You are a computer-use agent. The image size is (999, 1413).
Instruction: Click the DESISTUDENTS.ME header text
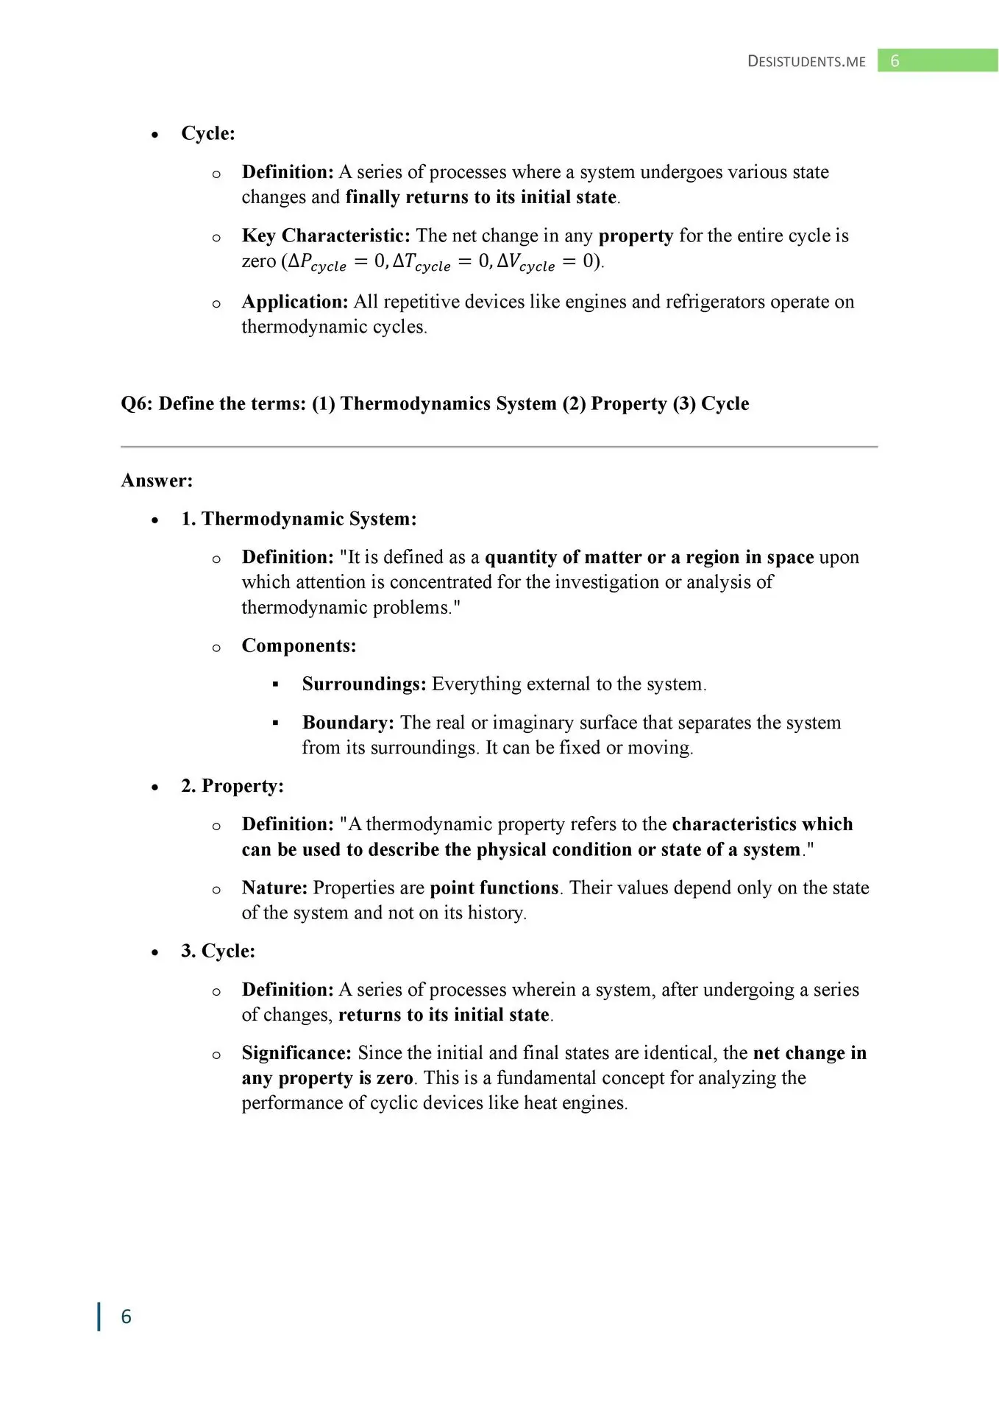(806, 61)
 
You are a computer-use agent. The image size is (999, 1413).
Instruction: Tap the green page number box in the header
(937, 60)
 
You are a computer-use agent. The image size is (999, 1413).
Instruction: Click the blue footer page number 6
(126, 1317)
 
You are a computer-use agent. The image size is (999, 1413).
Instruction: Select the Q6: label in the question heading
(137, 403)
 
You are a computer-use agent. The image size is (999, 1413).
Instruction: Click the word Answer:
(157, 481)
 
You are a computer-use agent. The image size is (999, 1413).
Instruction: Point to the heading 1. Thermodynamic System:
(299, 519)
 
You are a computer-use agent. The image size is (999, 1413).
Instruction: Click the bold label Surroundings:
(364, 684)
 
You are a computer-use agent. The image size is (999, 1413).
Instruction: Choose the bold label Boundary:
(348, 723)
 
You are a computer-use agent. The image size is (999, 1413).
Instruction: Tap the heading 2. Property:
(232, 786)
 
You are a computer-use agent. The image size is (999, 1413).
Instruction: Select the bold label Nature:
(274, 888)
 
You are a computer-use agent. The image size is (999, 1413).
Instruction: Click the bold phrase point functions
(494, 888)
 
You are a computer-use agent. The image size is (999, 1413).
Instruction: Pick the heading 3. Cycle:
(218, 951)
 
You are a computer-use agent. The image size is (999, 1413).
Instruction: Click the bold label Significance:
(296, 1053)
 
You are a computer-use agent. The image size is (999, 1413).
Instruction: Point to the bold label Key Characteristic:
(326, 235)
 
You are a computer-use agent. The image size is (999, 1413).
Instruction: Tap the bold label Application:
(295, 302)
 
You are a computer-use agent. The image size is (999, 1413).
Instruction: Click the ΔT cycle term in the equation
(422, 262)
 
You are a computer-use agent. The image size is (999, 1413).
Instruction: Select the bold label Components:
(299, 645)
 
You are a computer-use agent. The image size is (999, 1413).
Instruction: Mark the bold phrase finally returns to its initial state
(481, 197)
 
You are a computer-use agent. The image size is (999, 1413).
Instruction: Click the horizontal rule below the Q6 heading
(499, 446)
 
